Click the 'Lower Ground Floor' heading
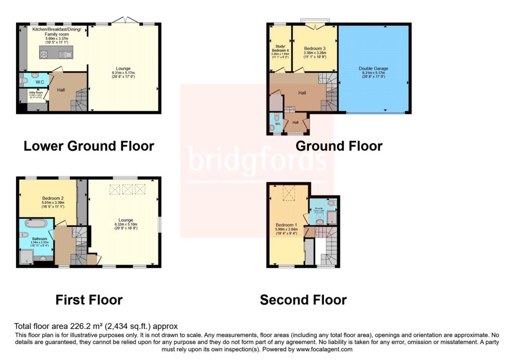pyautogui.click(x=89, y=146)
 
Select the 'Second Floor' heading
pyautogui.click(x=303, y=300)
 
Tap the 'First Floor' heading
pyautogui.click(x=89, y=300)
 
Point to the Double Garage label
pyautogui.click(x=373, y=68)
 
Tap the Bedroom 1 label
pyautogui.click(x=286, y=225)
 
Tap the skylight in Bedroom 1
pyautogui.click(x=290, y=192)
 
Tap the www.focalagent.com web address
pyautogui.click(x=317, y=349)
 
